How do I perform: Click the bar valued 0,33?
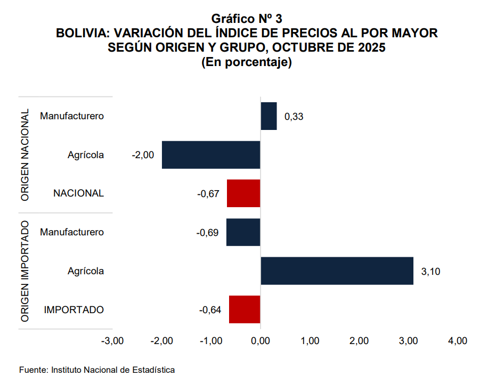pos(269,116)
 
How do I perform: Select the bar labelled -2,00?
pos(211,155)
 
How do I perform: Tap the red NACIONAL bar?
pos(243,193)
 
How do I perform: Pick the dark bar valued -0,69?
pos(243,232)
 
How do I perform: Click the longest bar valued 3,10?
pos(337,271)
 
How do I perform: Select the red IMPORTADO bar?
pos(245,309)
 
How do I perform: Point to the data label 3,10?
pos(430,272)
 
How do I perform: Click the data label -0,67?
pos(208,194)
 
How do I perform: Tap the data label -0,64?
pos(210,310)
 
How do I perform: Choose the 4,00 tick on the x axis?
pos(458,341)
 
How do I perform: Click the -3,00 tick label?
pos(112,341)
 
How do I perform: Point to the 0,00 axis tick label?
pos(260,341)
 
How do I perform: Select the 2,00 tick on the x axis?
pos(359,341)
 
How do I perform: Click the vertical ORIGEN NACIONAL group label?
pos(25,155)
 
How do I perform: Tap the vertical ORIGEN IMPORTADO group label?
pos(25,271)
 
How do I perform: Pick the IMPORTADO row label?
pos(74,310)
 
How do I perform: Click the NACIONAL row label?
pos(78,194)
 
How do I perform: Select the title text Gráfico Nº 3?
pos(247,20)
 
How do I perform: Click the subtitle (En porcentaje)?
pos(247,62)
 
